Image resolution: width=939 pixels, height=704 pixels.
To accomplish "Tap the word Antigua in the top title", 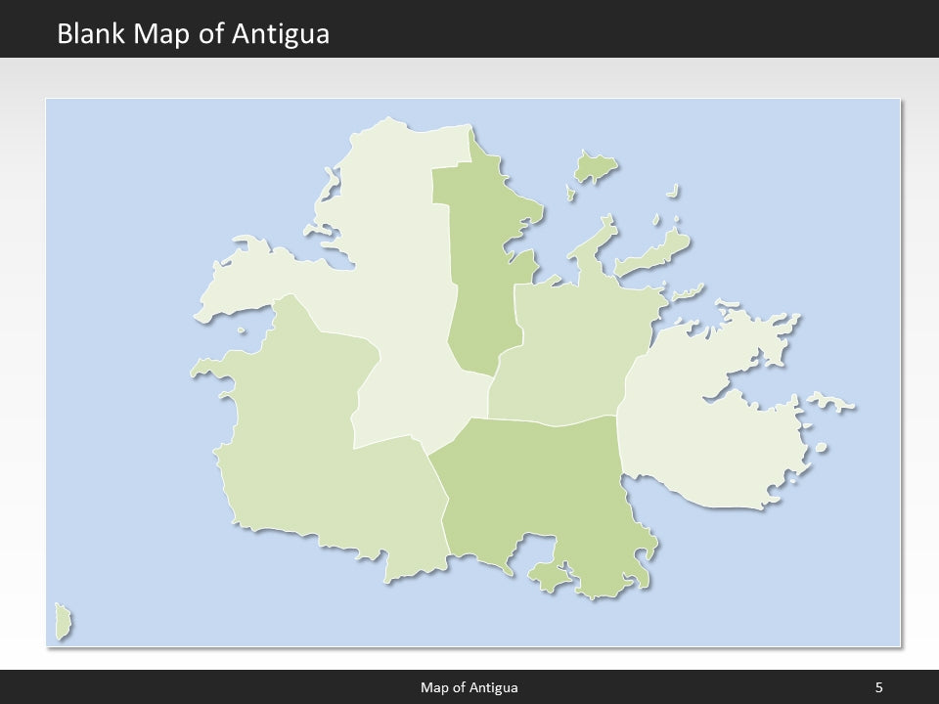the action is click(x=282, y=34).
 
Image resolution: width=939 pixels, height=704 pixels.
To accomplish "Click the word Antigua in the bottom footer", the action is click(x=495, y=687).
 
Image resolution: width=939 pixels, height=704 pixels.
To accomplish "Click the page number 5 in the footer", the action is click(x=879, y=687).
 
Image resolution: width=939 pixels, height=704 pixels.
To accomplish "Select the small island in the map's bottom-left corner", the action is click(x=64, y=622).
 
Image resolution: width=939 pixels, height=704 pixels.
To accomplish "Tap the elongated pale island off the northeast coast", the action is click(x=652, y=253).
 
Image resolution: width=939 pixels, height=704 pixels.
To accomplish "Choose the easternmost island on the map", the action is click(x=830, y=402).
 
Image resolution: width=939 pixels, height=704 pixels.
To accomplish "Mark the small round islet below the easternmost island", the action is click(x=821, y=448).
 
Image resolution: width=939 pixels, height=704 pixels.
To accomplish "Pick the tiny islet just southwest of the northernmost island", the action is click(x=570, y=194).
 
